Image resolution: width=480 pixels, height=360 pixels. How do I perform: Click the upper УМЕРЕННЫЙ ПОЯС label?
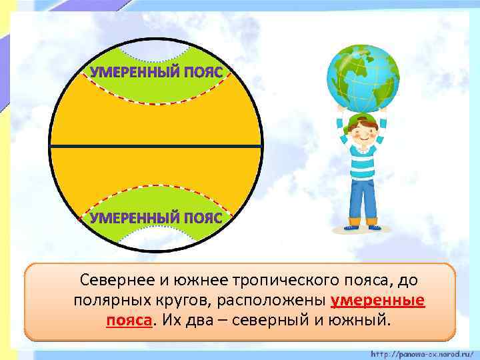tap(156, 71)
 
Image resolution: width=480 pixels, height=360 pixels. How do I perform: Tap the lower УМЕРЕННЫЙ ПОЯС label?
tap(156, 218)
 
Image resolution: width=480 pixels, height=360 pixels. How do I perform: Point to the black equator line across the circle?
tap(156, 146)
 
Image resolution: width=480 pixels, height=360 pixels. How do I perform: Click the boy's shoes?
tap(363, 225)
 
